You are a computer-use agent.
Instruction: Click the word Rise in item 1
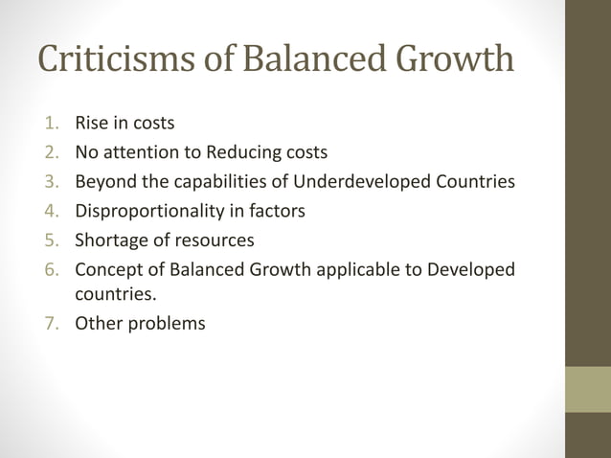click(93, 123)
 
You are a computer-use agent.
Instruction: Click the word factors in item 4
click(279, 210)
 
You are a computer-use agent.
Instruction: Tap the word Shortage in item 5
click(110, 239)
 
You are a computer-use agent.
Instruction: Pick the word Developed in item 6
click(473, 268)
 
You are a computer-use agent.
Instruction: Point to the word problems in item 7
click(168, 323)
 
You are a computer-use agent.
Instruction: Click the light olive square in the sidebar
click(587, 389)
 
